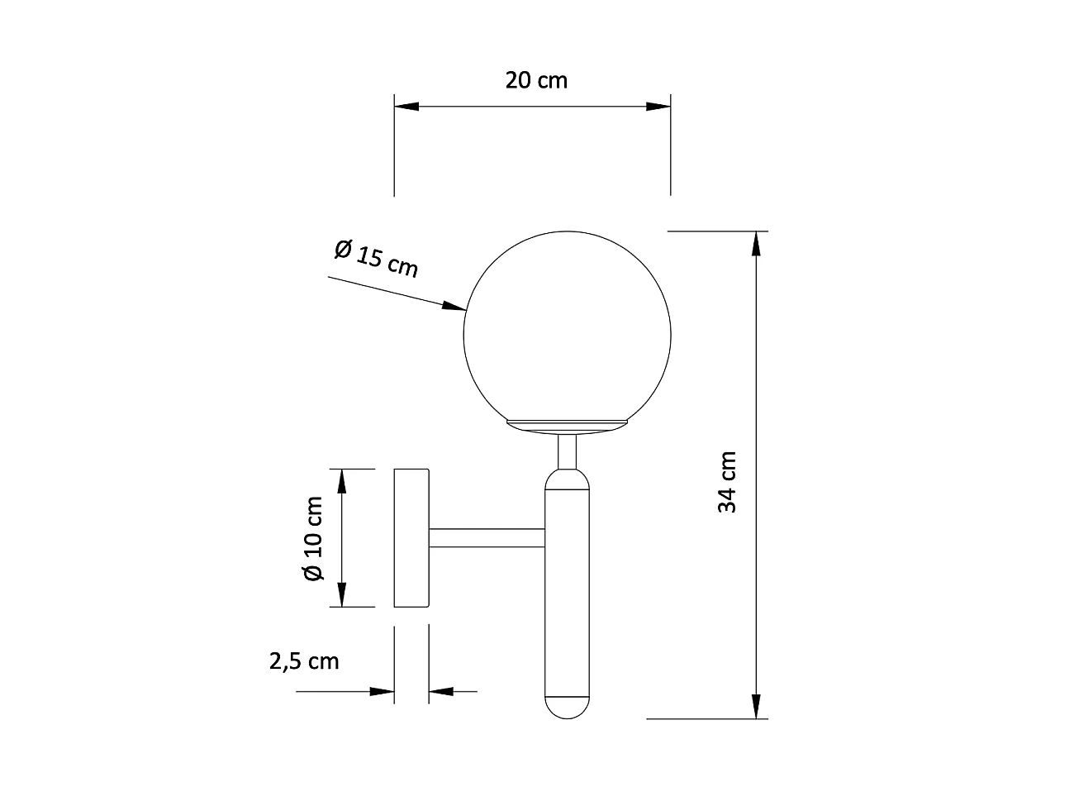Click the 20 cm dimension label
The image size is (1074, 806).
536,80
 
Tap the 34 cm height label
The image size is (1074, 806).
727,482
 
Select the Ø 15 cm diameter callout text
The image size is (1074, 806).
377,258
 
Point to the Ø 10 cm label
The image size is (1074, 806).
313,538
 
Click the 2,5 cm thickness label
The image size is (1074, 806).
304,661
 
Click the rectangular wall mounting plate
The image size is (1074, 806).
411,538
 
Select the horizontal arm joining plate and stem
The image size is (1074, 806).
486,538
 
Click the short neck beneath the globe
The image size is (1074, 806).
567,451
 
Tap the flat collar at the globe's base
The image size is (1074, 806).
567,425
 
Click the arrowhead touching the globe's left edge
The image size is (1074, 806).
455,307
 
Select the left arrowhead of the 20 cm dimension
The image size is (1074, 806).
407,107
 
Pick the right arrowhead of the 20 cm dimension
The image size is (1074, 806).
658,107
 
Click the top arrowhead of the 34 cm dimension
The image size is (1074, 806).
755,244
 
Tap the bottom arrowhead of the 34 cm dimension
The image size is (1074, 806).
755,706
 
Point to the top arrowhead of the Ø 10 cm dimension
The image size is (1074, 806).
341,480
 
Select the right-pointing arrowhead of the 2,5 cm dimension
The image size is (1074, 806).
382,691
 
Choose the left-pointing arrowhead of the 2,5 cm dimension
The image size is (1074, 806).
442,691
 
